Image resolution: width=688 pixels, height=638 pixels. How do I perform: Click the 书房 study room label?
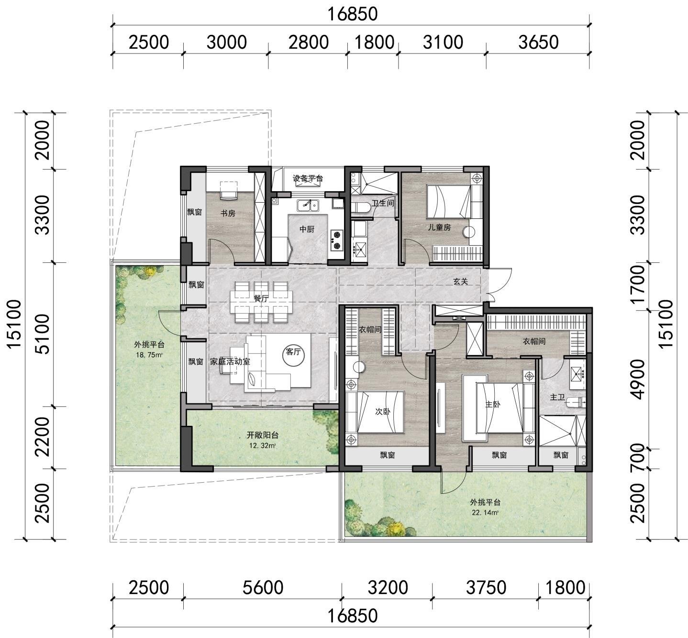228,214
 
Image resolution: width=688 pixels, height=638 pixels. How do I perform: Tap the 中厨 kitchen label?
307,229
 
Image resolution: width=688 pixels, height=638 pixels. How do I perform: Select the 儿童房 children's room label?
439,227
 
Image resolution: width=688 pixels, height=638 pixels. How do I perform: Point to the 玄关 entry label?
461,281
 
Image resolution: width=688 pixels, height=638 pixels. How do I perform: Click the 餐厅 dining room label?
261,298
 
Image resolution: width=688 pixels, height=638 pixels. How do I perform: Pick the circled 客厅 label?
293,352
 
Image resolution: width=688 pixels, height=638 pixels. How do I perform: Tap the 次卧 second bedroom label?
383,411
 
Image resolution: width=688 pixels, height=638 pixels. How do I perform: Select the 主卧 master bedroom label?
493,404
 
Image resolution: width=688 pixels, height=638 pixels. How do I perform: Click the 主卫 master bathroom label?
557,398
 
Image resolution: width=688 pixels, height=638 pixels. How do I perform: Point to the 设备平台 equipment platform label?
308,179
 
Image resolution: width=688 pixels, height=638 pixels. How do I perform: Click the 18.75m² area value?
149,355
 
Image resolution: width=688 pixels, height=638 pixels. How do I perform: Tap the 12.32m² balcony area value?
262,445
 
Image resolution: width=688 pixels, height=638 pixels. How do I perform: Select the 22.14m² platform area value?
485,512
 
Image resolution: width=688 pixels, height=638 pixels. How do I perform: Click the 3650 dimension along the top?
538,42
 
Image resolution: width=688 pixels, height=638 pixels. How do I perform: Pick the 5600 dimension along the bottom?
263,587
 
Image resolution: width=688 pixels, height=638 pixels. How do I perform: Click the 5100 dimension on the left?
44,334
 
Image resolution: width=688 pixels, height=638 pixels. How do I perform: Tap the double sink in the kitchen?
308,205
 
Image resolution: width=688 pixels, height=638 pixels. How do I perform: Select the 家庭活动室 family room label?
230,362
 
